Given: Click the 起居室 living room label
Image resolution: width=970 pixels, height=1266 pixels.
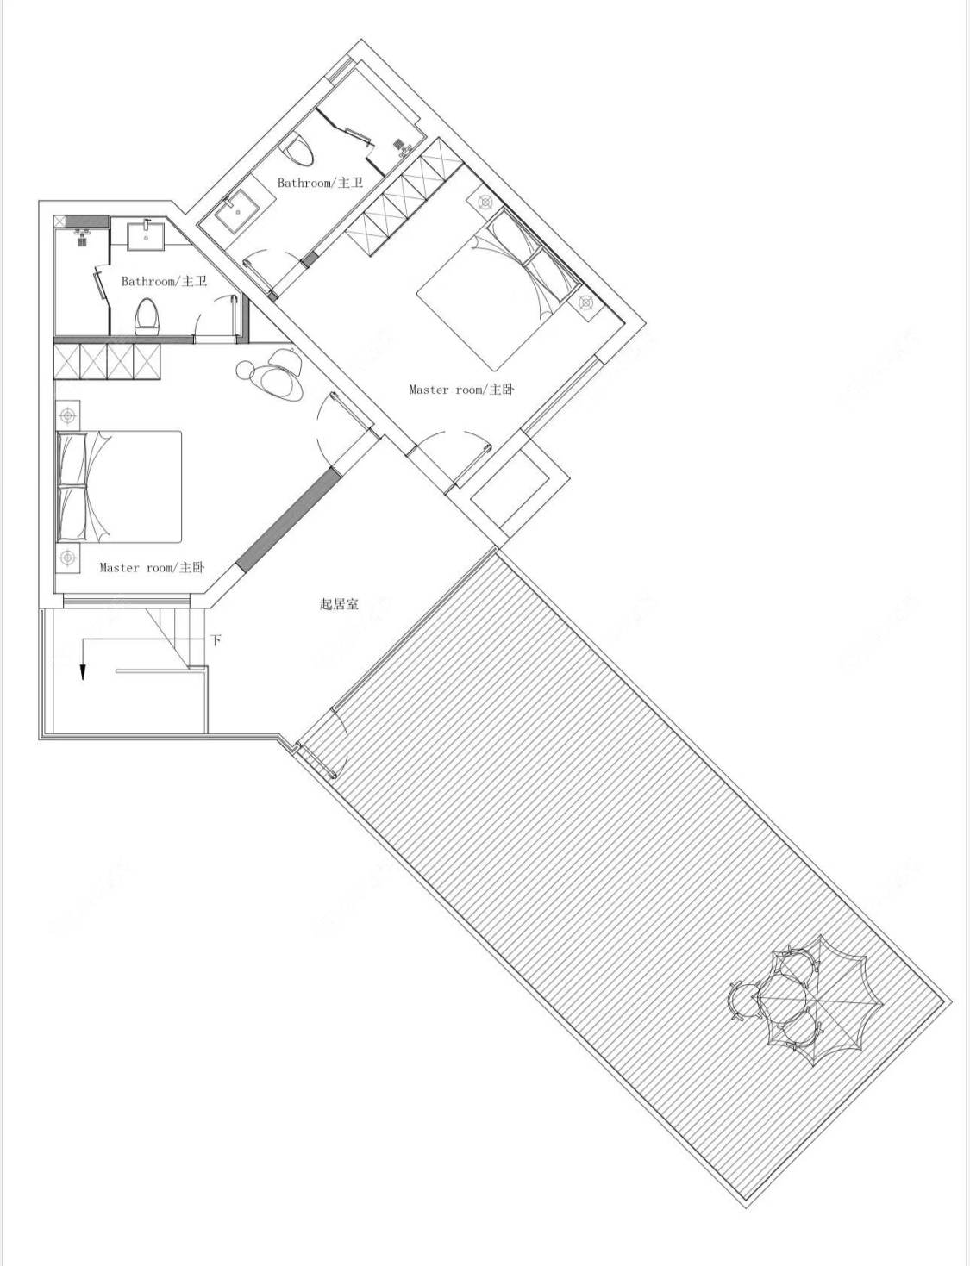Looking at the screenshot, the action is pyautogui.click(x=339, y=604).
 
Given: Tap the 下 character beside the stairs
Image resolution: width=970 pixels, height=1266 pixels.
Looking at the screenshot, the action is pyautogui.click(x=216, y=641).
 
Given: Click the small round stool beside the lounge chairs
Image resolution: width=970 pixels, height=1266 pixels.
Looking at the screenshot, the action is pyautogui.click(x=245, y=370).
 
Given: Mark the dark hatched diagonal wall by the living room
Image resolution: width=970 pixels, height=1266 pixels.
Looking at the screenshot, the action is pyautogui.click(x=286, y=518).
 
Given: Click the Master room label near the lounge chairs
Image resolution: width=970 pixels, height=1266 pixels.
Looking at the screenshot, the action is pyautogui.click(x=152, y=567).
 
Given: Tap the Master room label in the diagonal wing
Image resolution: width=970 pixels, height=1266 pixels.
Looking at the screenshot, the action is pyautogui.click(x=462, y=390).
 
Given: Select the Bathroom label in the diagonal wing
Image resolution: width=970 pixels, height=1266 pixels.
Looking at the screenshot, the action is pyautogui.click(x=321, y=183).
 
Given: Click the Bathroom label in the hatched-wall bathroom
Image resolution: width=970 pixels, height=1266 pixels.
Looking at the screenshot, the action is pyautogui.click(x=165, y=282).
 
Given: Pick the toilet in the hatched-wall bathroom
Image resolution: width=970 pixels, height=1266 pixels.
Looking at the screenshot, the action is pyautogui.click(x=147, y=317).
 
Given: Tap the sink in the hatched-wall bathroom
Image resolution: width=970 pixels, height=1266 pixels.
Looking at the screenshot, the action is pyautogui.click(x=147, y=234).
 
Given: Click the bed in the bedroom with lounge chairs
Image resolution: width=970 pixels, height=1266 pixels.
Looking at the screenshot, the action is pyautogui.click(x=120, y=487).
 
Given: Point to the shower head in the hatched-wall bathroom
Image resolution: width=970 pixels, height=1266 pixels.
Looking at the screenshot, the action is pyautogui.click(x=84, y=237).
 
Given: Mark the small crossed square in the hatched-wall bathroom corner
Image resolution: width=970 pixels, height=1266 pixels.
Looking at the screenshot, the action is pyautogui.click(x=59, y=221).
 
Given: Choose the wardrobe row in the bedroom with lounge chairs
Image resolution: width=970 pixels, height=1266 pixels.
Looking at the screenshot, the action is pyautogui.click(x=107, y=362).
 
